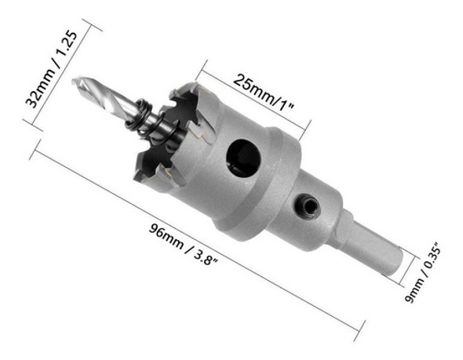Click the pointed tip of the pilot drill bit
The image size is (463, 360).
tap(75, 82)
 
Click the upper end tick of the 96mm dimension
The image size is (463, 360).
tap(36, 147)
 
